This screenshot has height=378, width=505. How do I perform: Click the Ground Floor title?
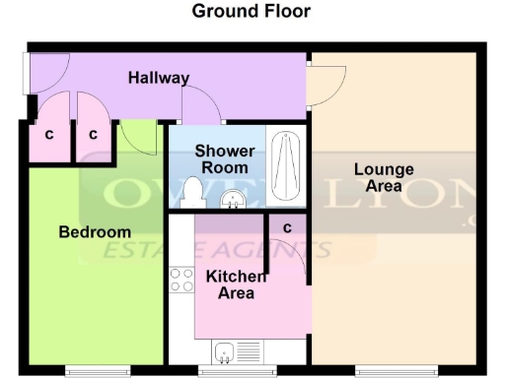coord(251,12)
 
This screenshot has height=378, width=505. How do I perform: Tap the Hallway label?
coord(159,78)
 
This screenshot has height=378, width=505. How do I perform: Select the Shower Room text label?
coord(224,159)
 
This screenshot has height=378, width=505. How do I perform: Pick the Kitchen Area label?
coord(236,284)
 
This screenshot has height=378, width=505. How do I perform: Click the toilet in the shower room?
coord(192,192)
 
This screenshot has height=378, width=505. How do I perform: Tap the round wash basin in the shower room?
coord(234,198)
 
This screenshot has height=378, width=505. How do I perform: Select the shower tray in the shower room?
coord(288,166)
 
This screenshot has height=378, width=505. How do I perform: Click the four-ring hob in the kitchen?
coord(181,280)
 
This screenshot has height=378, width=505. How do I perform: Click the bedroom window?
coord(97,371)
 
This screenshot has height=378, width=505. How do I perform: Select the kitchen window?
coord(237,371)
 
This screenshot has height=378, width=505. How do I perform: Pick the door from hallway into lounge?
coord(325,84)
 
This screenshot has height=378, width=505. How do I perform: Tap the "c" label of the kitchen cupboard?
coord(287,228)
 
